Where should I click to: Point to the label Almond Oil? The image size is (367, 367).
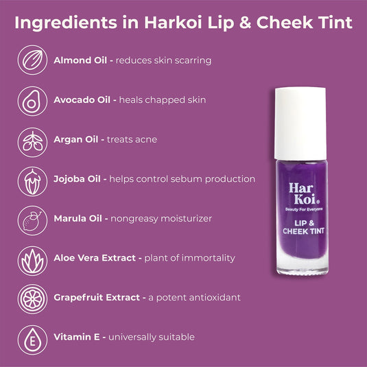[x=79, y=60]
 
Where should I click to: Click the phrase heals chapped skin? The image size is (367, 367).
[x=163, y=100]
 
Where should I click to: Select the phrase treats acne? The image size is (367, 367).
[x=132, y=139]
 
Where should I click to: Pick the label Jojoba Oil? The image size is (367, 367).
[x=78, y=179]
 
